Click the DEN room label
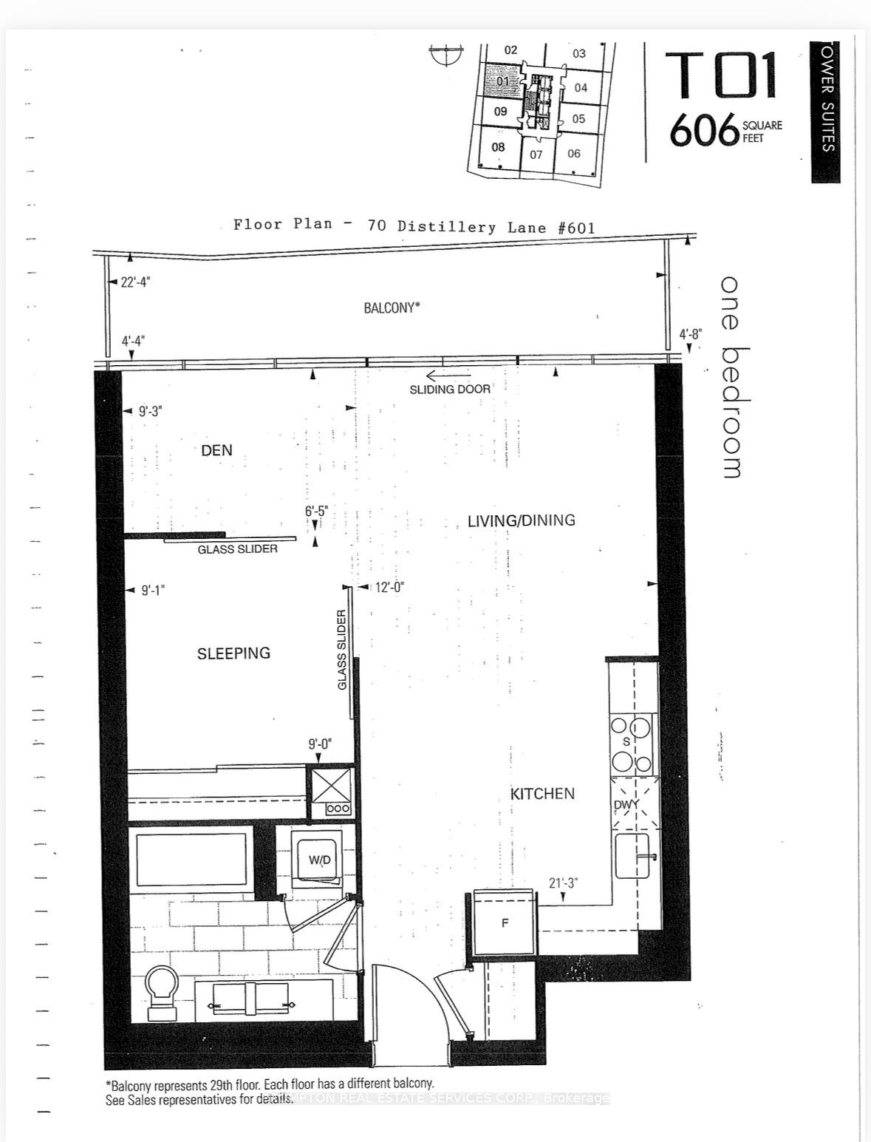[216, 450]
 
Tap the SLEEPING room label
[233, 653]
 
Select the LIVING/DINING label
[521, 520]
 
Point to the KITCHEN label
[542, 793]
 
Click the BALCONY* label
[392, 307]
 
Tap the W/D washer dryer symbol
[319, 860]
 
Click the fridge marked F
[505, 922]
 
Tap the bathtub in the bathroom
[191, 860]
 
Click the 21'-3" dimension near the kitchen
[563, 883]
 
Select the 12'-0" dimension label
[389, 588]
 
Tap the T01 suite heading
[721, 75]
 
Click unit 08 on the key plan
[499, 147]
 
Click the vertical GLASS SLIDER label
[342, 650]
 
